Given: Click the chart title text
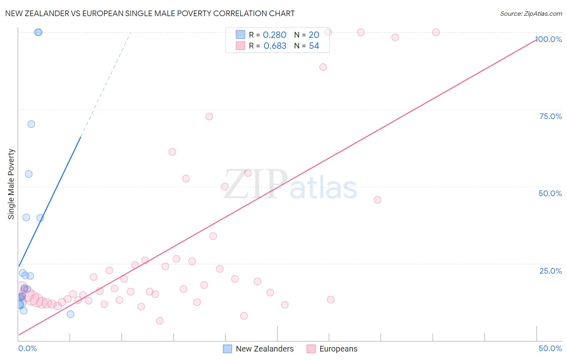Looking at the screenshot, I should coord(150,13).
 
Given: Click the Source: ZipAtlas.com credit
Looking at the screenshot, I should coord(531,13).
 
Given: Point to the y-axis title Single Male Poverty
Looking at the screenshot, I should coord(11,184).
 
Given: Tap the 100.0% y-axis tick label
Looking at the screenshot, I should coord(548,39).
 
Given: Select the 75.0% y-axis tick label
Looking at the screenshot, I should coord(550,116).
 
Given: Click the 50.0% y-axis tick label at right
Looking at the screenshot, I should coord(550,193).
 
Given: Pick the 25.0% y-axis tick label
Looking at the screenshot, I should coord(550,271).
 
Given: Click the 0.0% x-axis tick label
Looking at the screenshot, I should coord(27,348).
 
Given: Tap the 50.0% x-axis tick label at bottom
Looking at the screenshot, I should coord(550,348).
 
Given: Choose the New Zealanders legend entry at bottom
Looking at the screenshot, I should coord(258,349).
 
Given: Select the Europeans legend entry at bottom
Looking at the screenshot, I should coord(332,349).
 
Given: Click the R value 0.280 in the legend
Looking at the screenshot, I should coord(274,35).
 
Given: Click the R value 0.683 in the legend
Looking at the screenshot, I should coord(275,46).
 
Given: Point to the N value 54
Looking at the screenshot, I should coord(314,46).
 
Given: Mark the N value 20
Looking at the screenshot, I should coord(314,35).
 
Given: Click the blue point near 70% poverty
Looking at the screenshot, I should coord(31,124).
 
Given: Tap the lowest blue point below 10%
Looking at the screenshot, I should coord(71,314).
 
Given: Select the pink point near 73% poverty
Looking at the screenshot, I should coord(209,117).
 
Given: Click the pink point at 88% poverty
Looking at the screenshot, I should coord(323,67).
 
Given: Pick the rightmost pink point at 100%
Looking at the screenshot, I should coord(436,32).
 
